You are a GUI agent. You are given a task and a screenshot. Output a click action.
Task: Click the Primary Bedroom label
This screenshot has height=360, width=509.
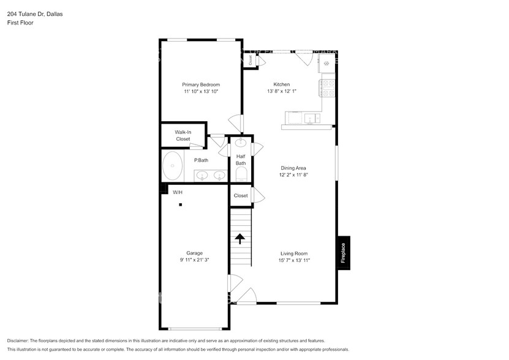pos(200,84)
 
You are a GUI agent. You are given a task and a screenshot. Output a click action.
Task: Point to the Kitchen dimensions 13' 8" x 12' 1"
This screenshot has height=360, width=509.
pos(281,91)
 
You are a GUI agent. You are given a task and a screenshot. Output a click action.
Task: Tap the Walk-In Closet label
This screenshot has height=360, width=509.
pos(183,135)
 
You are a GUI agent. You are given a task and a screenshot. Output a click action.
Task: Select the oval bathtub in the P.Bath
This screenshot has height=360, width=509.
pos(172,167)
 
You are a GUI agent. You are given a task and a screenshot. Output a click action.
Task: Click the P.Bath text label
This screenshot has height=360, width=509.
pos(201,160)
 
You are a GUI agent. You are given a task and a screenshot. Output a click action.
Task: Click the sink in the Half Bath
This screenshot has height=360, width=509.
pos(241,144)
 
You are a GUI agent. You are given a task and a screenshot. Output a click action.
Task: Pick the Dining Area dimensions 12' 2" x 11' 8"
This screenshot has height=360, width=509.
pos(293,174)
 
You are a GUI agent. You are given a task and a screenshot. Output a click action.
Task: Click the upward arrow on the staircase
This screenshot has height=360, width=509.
pos(240,238)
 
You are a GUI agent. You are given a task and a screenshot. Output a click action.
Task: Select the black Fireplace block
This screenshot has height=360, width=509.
pos(343,252)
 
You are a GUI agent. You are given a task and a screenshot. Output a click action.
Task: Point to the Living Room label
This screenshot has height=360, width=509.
pos(294,253)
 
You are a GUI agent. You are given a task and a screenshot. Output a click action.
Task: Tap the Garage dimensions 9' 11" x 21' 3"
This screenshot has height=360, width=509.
pos(194,260)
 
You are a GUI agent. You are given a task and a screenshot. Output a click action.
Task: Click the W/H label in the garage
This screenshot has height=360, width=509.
pos(178,192)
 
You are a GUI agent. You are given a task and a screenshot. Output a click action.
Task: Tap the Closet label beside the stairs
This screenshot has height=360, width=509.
pos(241,196)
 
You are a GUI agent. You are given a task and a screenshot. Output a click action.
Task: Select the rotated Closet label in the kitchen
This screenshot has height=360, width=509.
pos(250,60)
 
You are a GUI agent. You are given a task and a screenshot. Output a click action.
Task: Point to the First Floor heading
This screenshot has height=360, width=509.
pos(20,23)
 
